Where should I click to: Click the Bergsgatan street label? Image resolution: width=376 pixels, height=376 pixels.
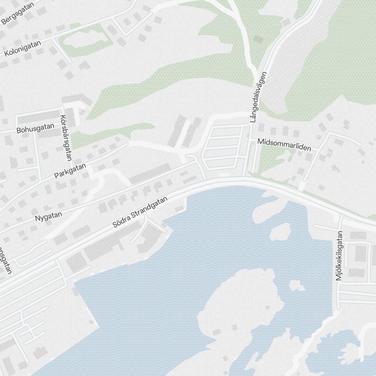pos(18,14)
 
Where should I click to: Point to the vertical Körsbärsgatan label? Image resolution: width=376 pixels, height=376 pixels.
pos(66,138)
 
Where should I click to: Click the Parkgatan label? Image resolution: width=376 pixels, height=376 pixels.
pos(70,170)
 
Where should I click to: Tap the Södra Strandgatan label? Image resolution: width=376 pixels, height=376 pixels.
pos(140,213)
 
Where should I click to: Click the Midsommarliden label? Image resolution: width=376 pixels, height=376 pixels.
pos(284,145)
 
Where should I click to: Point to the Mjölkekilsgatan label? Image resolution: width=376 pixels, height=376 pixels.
pos(340,256)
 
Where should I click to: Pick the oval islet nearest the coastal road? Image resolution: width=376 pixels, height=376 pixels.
pos(280,232)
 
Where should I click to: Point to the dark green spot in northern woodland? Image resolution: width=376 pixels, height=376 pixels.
pos(258,39)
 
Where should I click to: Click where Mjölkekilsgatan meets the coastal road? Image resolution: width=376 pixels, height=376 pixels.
pos(341,218)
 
